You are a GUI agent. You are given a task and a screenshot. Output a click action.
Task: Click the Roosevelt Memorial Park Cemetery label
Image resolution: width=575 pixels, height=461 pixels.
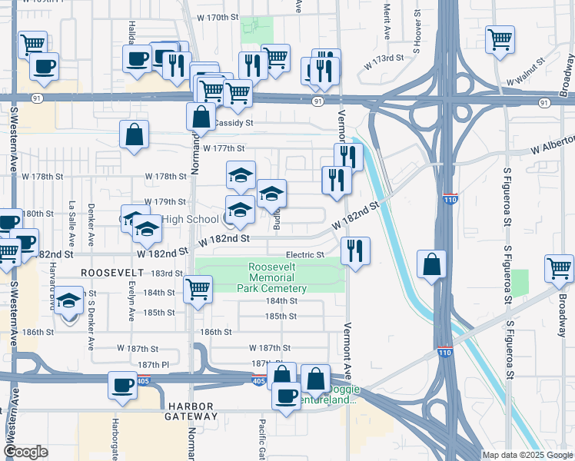click(x=278, y=277)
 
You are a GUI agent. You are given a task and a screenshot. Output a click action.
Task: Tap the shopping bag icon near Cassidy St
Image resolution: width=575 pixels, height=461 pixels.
click(x=201, y=117)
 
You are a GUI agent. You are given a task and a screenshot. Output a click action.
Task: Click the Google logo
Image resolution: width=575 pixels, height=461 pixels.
click(x=25, y=452)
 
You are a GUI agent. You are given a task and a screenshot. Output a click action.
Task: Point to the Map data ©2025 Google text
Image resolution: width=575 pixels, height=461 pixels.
click(x=527, y=455)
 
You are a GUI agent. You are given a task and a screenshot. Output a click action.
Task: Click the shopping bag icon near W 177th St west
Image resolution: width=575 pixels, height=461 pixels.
click(x=135, y=134)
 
